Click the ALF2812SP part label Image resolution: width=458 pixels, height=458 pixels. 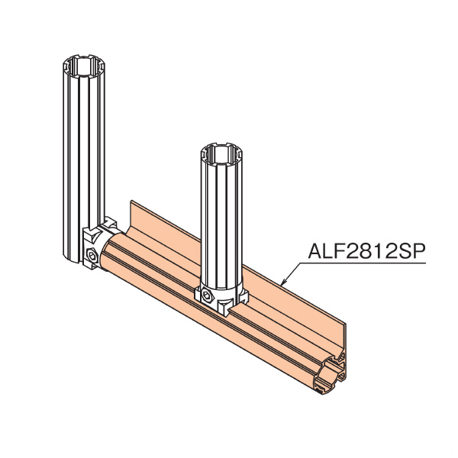click(x=364, y=250)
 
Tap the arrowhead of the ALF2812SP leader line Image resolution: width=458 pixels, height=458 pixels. click(x=283, y=284)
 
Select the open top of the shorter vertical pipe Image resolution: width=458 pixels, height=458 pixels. click(x=221, y=153)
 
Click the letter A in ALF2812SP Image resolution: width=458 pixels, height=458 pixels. click(x=314, y=250)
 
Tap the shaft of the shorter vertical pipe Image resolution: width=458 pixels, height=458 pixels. click(x=221, y=221)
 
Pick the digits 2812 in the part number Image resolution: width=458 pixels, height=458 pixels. click(x=363, y=250)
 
